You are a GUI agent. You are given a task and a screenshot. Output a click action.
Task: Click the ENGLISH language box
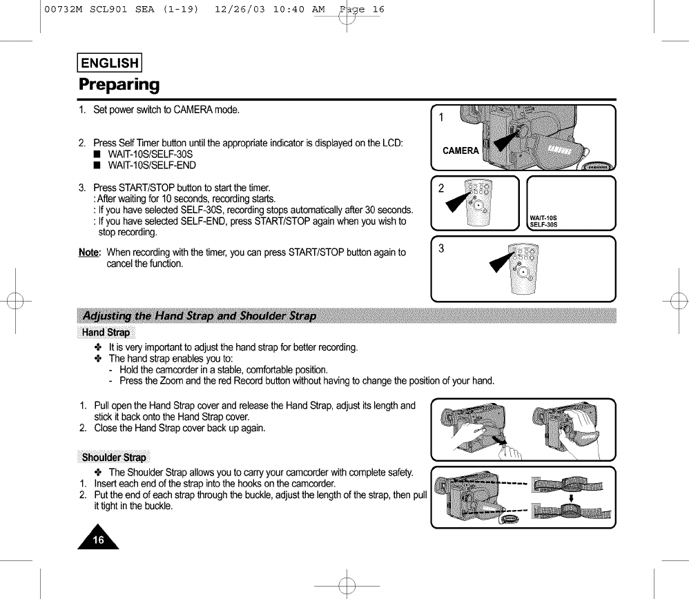110,63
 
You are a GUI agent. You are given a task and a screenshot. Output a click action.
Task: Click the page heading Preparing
118,85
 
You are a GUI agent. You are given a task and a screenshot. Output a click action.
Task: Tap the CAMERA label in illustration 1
460,151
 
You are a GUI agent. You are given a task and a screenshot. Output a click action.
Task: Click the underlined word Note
89,253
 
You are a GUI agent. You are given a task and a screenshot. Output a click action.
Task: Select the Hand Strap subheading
106,333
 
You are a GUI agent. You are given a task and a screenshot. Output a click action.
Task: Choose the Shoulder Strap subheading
114,457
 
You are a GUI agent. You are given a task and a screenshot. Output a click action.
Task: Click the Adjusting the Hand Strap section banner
200,316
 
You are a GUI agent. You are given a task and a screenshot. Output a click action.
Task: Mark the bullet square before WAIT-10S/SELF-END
97,166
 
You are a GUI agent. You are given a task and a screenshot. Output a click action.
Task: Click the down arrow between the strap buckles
570,498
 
